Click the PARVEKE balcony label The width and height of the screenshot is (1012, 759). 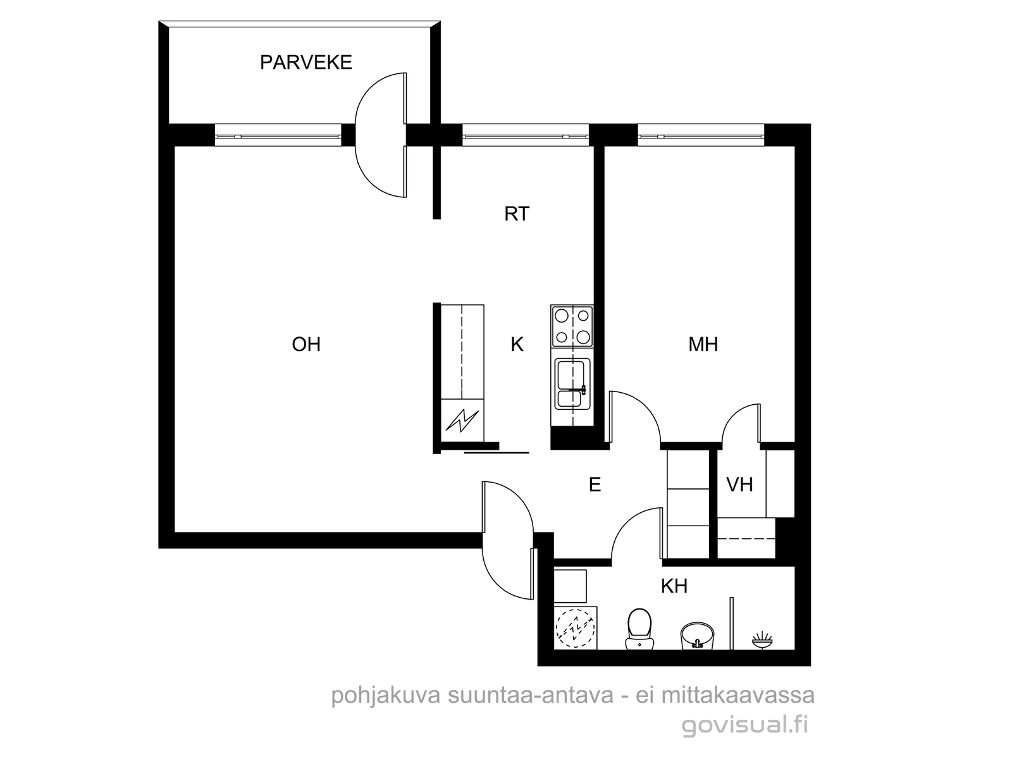[305, 62]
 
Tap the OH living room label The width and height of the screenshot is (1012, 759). [306, 344]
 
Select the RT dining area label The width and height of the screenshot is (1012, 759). [517, 214]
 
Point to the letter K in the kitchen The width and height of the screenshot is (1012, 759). [517, 344]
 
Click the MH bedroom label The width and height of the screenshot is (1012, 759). [703, 344]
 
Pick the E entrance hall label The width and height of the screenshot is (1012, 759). [595, 484]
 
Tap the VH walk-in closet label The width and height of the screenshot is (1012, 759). [739, 484]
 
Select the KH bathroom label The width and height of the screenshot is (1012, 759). [674, 586]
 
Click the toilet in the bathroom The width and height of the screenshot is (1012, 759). [639, 629]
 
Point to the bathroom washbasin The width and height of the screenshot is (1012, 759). [696, 636]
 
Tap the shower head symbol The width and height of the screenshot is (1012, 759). [762, 639]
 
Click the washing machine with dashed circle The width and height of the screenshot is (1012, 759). [575, 627]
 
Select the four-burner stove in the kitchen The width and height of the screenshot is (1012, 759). [572, 326]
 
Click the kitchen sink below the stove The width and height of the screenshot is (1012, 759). [572, 384]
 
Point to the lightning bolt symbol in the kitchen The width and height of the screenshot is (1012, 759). [462, 420]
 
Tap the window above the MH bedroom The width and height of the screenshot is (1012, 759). [701, 135]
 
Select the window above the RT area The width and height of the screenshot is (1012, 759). [526, 135]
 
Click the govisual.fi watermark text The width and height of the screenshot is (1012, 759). [744, 725]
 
